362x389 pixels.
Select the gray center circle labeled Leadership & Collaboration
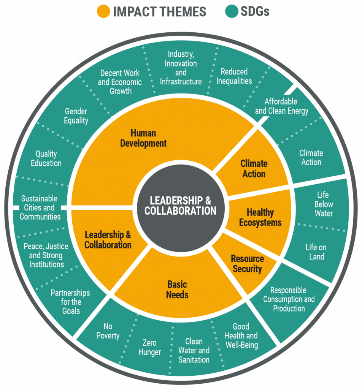point(180,206)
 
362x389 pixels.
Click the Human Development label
point(143,138)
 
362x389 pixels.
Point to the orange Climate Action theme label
point(254,169)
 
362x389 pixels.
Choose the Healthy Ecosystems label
point(260,217)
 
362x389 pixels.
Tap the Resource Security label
point(247,264)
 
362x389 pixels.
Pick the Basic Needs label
point(177,289)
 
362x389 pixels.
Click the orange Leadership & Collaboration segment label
point(108,240)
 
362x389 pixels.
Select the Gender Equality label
point(76,116)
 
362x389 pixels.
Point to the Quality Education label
point(46,158)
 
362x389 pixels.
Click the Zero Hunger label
point(149,348)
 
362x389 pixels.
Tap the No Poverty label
point(108,331)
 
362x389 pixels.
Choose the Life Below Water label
point(323,204)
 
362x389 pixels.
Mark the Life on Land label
point(316,252)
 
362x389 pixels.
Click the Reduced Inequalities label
point(234,76)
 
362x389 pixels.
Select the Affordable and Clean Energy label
point(281,106)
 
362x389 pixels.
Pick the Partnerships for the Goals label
point(70,302)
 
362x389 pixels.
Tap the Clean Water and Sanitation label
point(194,350)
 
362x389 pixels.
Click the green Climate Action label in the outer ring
point(311,158)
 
